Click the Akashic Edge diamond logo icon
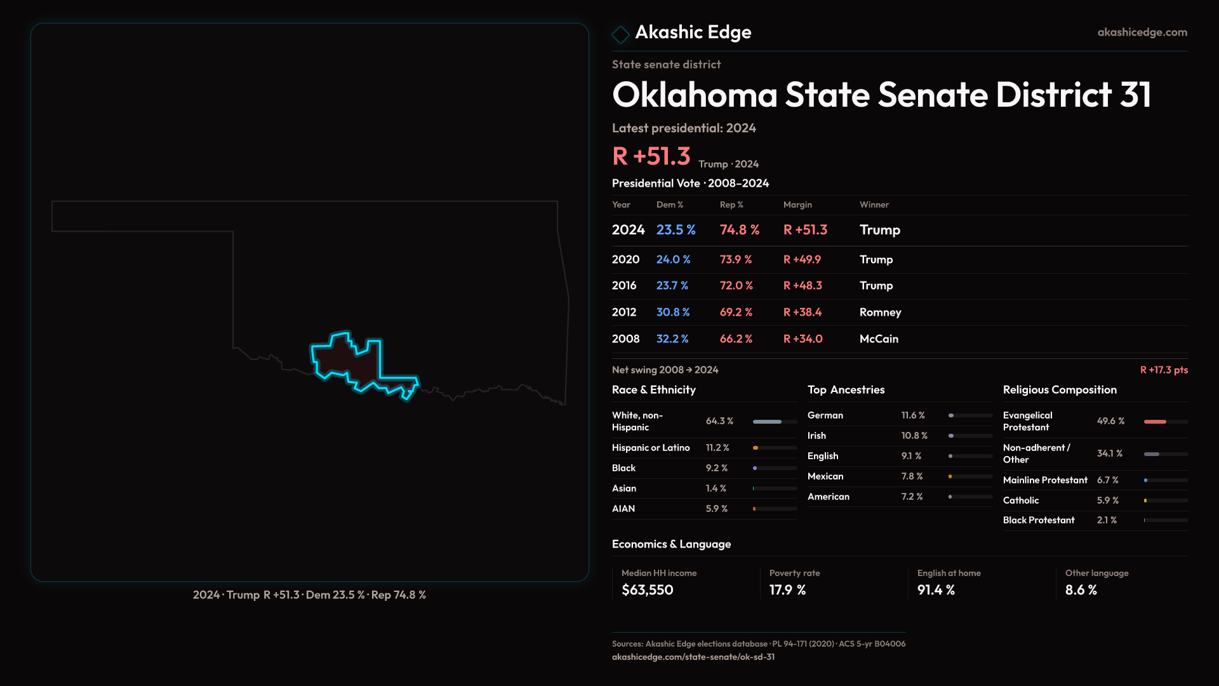point(620,34)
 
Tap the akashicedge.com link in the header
point(1142,32)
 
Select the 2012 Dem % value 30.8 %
point(672,313)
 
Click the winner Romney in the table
point(880,313)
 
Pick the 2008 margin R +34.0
point(803,339)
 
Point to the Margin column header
point(797,205)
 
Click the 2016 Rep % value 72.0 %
point(736,286)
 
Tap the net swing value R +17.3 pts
point(1163,370)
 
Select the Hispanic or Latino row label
point(650,448)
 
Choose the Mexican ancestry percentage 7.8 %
point(912,476)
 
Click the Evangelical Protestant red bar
point(1155,422)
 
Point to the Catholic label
point(1020,501)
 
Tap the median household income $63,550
point(647,590)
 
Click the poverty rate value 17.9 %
point(787,590)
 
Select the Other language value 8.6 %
point(1081,590)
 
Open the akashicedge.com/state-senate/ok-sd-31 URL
point(693,657)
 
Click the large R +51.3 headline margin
point(651,156)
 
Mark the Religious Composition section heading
point(1059,390)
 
